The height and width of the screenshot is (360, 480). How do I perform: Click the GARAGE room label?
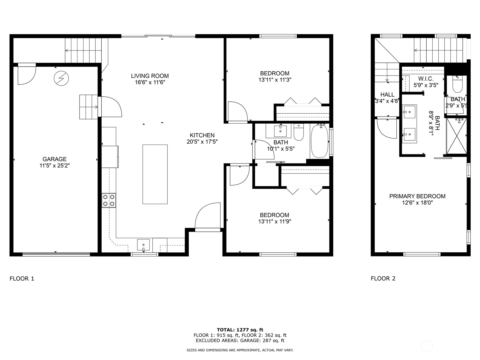point(55,159)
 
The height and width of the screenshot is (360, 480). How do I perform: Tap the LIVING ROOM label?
point(150,76)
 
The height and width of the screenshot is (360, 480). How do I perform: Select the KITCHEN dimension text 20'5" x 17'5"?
point(202,142)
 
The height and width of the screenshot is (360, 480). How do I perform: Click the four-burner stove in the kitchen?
point(109,200)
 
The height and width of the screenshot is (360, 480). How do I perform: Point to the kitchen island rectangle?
point(155,174)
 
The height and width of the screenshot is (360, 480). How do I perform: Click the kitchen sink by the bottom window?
point(143,245)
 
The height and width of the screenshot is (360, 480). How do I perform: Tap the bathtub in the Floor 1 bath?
point(320,141)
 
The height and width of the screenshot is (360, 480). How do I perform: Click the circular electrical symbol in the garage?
point(61,78)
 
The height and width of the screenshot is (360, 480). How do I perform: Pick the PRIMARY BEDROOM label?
point(417,196)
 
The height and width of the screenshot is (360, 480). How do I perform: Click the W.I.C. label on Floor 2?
point(426,79)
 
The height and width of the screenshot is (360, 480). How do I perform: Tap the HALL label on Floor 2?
point(387,94)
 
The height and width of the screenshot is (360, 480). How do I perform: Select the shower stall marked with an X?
point(457,136)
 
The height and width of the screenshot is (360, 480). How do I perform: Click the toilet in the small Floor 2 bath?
point(457,84)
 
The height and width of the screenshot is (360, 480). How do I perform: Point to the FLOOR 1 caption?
point(22,279)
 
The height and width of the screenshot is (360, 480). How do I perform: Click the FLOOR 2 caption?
point(383,278)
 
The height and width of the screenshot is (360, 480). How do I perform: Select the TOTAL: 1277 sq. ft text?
point(240,330)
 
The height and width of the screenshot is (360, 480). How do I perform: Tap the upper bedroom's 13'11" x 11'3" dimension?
point(275,80)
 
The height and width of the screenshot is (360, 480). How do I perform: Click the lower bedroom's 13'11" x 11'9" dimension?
point(275,222)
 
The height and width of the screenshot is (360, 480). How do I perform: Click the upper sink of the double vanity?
point(409,112)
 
